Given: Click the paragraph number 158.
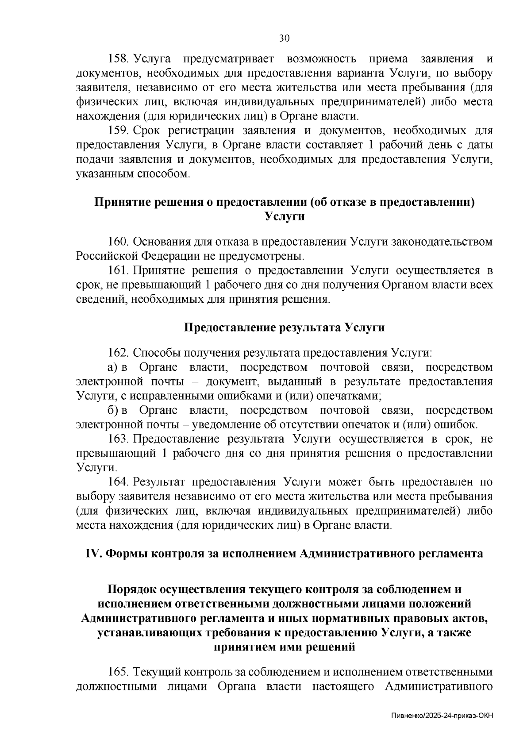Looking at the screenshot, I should click(x=118, y=59).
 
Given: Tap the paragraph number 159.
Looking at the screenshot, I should click(x=118, y=131).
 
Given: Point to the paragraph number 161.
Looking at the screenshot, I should click(x=118, y=270).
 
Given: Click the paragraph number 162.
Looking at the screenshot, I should click(x=118, y=353).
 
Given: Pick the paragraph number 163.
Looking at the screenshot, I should click(x=118, y=439).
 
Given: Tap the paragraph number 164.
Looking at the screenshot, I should click(x=118, y=482).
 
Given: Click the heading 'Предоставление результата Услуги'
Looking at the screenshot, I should click(x=284, y=327).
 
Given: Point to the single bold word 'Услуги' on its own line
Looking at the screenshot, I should click(x=284, y=216).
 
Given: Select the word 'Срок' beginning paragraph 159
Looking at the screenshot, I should click(x=146, y=131).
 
